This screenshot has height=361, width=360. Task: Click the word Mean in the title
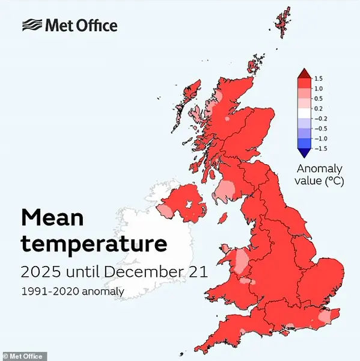[x=52, y=218]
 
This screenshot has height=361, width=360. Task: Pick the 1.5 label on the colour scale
[x=319, y=78]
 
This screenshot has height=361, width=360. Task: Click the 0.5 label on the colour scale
[x=319, y=98]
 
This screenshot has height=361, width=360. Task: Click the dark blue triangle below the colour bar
[x=304, y=152]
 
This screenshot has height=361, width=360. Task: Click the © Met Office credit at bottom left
[x=23, y=356]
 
